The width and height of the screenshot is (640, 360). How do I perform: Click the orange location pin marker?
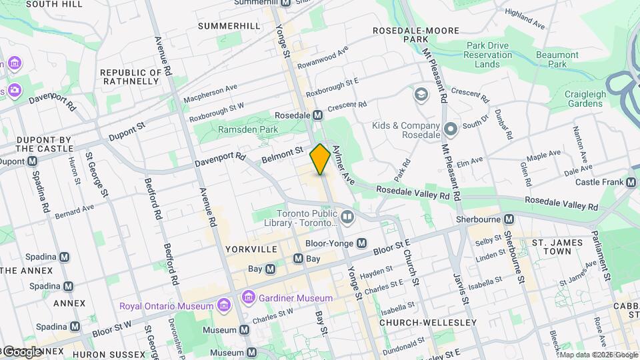(x=321, y=160)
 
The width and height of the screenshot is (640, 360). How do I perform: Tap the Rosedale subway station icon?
(x=318, y=115)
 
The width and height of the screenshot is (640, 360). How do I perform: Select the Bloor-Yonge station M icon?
(x=362, y=243)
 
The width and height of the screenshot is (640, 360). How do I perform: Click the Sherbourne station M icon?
(x=509, y=219)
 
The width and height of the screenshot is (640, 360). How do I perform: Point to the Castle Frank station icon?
(x=631, y=182)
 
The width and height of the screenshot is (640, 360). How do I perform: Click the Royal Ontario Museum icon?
(x=223, y=306)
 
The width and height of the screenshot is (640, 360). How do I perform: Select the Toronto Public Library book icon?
(x=347, y=217)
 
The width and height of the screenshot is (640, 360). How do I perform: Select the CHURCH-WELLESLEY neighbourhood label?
(x=427, y=323)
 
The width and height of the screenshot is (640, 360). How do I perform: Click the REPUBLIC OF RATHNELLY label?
(x=130, y=77)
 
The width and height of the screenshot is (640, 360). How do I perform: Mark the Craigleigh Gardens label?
(x=585, y=99)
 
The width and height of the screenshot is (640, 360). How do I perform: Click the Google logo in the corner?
(x=21, y=351)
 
